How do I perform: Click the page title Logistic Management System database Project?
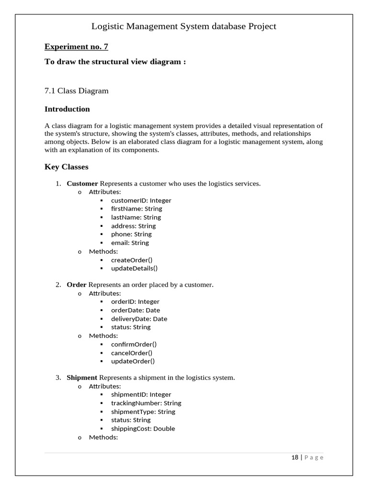(184, 26)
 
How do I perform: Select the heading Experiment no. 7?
(76, 46)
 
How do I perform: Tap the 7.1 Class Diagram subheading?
(76, 90)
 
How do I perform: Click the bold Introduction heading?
(67, 109)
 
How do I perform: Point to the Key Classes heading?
(66, 167)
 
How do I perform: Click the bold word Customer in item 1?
(82, 183)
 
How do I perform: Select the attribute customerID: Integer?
(141, 200)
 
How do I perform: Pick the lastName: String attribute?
(136, 217)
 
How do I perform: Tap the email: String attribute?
(130, 243)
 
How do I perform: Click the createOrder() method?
(132, 260)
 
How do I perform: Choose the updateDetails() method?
(134, 268)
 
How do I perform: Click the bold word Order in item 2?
(77, 285)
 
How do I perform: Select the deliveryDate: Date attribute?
(139, 319)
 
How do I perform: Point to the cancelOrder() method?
(132, 353)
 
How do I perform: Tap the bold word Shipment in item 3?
(82, 378)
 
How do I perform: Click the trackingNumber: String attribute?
(146, 403)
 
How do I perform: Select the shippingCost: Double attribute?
(143, 429)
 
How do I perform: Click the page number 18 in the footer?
(295, 457)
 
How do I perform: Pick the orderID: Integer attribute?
(135, 301)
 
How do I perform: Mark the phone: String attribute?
(131, 234)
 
